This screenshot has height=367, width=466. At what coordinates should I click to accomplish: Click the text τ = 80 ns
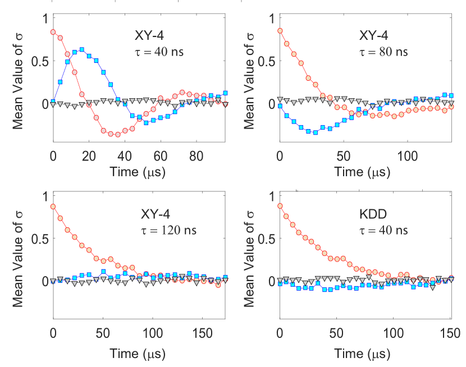tap(383, 52)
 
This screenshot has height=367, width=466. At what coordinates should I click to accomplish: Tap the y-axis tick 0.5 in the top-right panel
tap(265, 61)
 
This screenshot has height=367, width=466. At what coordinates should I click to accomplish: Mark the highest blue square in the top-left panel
tap(82, 50)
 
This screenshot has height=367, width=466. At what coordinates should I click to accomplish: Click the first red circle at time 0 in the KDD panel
tap(280, 206)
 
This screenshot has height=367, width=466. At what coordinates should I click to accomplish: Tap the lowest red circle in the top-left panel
tap(117, 135)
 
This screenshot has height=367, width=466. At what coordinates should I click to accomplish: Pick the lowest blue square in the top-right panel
tap(316, 132)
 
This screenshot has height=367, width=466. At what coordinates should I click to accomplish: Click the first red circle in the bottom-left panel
tap(53, 207)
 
